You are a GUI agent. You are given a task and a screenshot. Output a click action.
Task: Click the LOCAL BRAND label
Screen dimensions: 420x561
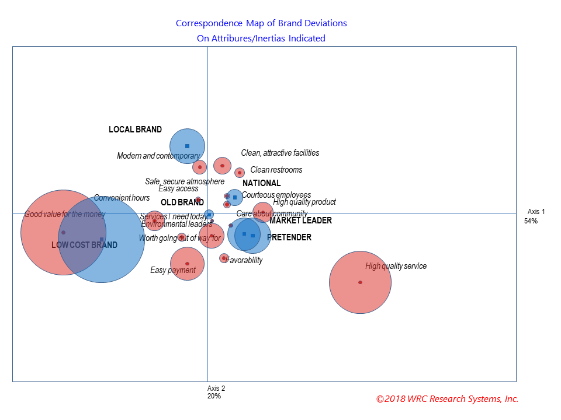coord(135,129)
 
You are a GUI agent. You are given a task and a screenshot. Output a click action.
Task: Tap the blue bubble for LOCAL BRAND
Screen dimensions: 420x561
coord(187,146)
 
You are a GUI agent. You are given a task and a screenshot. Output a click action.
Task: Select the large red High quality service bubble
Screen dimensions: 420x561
coord(360,282)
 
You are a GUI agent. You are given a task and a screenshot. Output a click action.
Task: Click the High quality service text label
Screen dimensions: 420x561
coord(396,267)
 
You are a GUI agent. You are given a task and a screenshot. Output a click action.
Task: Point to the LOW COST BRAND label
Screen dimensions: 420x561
coord(84,245)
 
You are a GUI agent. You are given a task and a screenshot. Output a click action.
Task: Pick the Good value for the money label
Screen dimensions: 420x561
coord(64,215)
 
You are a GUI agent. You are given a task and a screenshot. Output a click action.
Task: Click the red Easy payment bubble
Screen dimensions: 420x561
coord(187,264)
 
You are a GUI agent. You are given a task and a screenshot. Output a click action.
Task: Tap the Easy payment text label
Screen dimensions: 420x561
coord(172,271)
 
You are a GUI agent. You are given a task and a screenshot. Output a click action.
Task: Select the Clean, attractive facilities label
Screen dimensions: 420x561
coord(280,153)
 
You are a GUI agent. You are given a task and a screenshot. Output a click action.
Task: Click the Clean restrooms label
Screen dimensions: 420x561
coord(276,170)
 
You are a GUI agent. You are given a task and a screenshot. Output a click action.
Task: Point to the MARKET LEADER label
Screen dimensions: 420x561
coord(300,220)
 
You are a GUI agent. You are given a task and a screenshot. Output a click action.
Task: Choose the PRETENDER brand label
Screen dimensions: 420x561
coord(289,237)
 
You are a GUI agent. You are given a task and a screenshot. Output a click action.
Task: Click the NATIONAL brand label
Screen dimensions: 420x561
coord(261,183)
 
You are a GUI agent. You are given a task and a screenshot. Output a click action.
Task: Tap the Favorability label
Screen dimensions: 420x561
coord(244,261)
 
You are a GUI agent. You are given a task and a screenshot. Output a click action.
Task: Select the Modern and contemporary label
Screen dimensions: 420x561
coord(158,156)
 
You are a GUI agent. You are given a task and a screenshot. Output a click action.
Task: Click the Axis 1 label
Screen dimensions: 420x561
coord(536,212)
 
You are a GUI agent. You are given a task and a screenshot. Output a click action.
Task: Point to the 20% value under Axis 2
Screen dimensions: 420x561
coord(214,396)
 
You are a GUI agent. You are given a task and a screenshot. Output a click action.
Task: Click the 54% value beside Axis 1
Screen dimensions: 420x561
coord(531,221)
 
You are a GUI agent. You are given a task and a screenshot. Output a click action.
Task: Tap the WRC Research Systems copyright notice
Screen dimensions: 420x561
coord(447,399)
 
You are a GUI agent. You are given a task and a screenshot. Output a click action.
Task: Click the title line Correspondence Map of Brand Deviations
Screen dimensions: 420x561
coord(261,24)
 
